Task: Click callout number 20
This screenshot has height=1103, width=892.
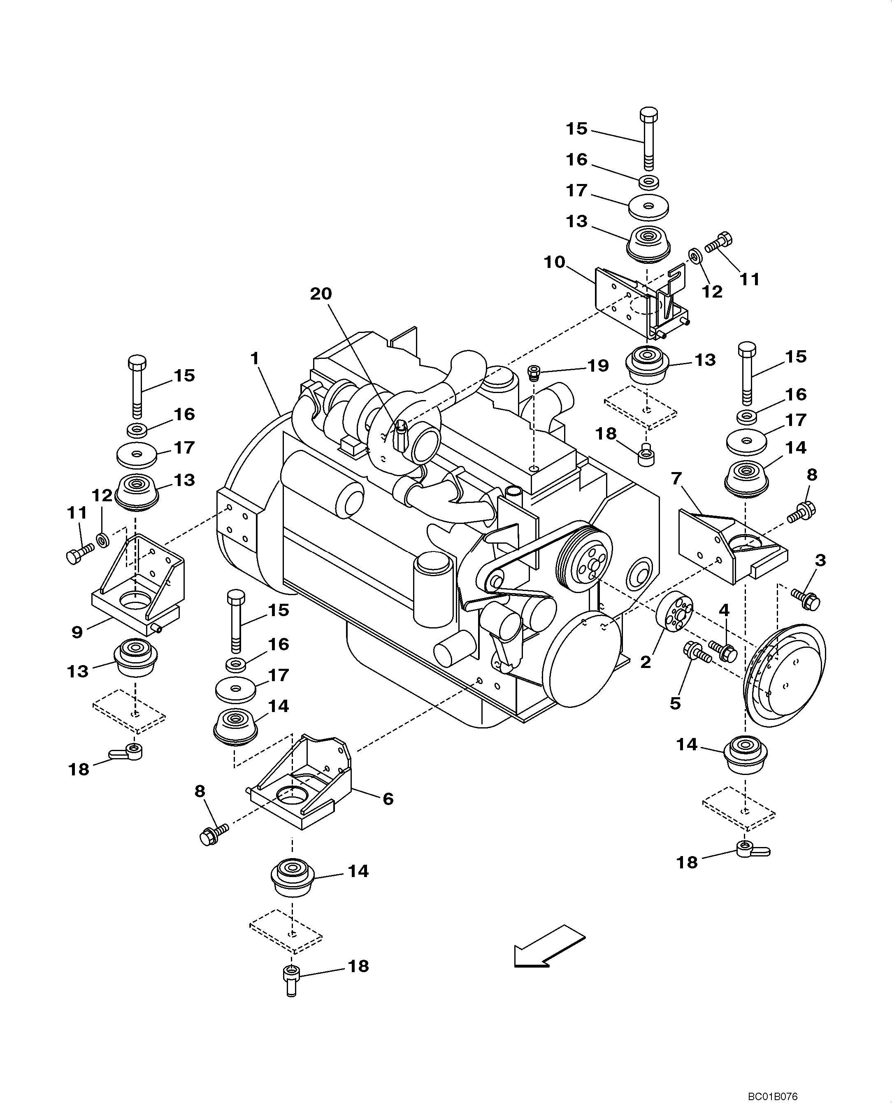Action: [x=321, y=294]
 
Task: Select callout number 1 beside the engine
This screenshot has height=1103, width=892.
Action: [x=255, y=358]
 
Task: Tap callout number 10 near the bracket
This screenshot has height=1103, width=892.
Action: [x=555, y=262]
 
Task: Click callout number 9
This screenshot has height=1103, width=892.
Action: [x=77, y=632]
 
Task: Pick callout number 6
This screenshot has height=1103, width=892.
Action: [x=388, y=799]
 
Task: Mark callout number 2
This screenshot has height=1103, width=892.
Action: [x=646, y=662]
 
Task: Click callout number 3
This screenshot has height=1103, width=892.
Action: [x=820, y=560]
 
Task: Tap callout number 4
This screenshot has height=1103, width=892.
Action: [x=724, y=610]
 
